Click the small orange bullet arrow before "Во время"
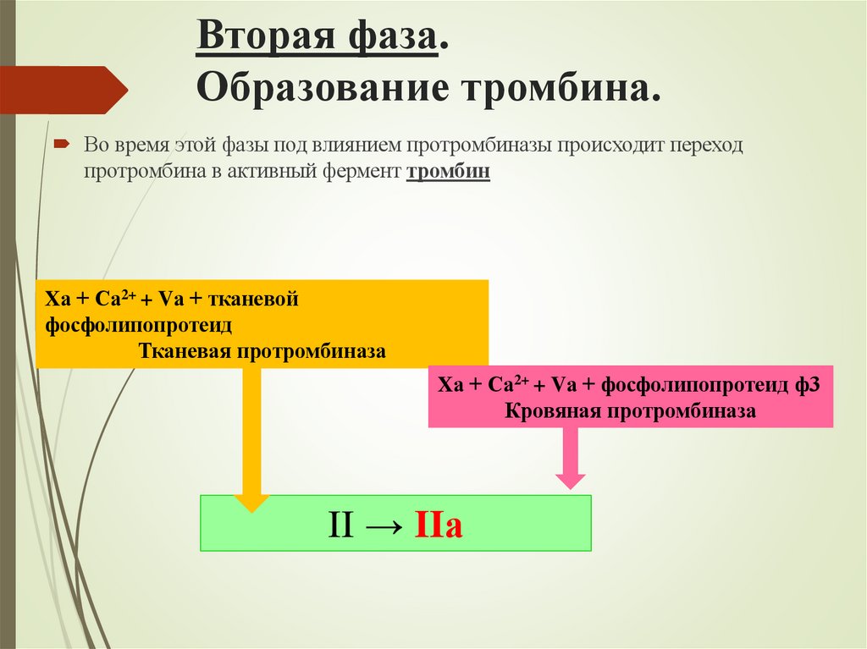click(62, 145)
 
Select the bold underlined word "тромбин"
click(449, 171)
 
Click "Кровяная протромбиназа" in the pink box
click(630, 411)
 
